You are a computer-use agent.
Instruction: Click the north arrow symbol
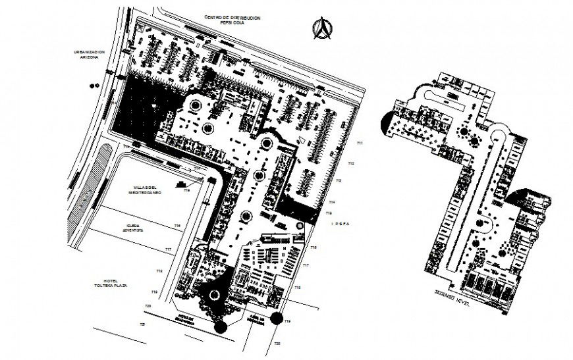point(322,28)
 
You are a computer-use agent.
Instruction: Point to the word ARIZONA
point(89,57)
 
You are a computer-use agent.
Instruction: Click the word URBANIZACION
point(89,51)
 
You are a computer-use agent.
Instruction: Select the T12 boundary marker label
point(352,163)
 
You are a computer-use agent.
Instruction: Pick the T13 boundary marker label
point(339,180)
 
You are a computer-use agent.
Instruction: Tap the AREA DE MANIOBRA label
point(256,321)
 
